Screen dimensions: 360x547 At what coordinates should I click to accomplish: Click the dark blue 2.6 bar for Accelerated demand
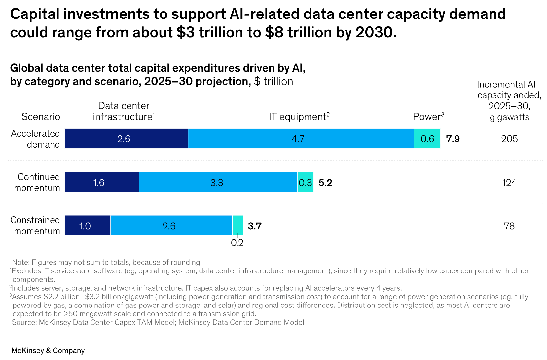(x=126, y=139)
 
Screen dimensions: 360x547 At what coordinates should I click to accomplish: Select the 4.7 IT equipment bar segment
(x=301, y=139)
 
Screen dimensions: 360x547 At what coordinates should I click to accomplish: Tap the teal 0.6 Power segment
(x=427, y=139)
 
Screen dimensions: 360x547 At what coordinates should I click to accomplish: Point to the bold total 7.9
(x=453, y=139)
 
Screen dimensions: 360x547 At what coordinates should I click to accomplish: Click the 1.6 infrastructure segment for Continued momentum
(x=102, y=182)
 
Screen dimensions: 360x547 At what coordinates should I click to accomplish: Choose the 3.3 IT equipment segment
(x=218, y=182)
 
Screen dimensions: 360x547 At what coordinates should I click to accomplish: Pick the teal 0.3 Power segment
(x=305, y=182)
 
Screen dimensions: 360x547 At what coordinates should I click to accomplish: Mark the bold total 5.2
(x=325, y=182)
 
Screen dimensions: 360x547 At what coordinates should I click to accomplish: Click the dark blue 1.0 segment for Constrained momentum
(x=88, y=226)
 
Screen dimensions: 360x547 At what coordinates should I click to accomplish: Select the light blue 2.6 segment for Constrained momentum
(x=171, y=226)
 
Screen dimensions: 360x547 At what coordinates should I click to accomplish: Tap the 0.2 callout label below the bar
(x=237, y=243)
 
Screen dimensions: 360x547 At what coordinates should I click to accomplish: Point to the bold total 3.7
(x=255, y=226)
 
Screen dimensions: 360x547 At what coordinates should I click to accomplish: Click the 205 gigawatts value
(x=509, y=139)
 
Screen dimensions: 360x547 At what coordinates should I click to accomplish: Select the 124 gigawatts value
(x=509, y=183)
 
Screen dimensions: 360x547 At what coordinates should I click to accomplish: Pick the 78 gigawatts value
(x=509, y=226)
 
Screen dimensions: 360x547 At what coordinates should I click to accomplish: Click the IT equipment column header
(x=299, y=117)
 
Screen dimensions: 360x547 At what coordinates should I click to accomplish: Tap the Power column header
(x=428, y=117)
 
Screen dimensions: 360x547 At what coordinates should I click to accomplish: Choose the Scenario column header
(x=41, y=117)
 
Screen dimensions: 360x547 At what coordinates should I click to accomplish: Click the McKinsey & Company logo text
(x=48, y=350)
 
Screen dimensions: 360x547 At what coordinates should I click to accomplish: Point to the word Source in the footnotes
(x=24, y=322)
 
